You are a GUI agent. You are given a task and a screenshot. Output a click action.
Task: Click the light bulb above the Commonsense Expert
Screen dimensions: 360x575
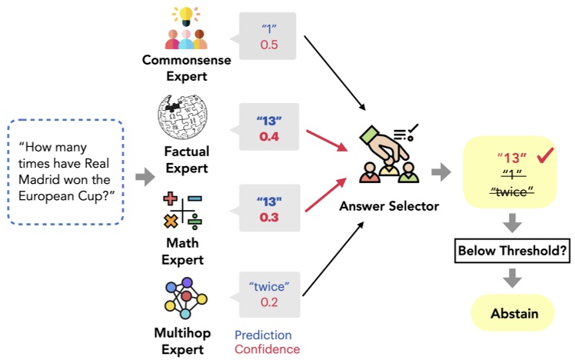pos(185,15)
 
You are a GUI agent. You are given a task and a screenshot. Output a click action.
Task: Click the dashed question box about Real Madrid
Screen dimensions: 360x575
pos(65,170)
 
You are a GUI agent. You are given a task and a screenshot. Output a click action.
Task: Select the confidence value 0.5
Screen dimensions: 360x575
pos(269,45)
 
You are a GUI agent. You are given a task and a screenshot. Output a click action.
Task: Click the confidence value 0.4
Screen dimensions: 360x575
pos(269,136)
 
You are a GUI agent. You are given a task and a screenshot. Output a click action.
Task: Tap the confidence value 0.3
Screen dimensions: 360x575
pos(269,218)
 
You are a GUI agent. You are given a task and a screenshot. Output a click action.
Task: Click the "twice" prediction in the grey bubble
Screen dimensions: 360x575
pos(269,288)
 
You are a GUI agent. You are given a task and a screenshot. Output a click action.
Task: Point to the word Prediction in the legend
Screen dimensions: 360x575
pos(263,335)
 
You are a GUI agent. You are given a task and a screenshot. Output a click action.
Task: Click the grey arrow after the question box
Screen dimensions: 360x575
pos(143,178)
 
